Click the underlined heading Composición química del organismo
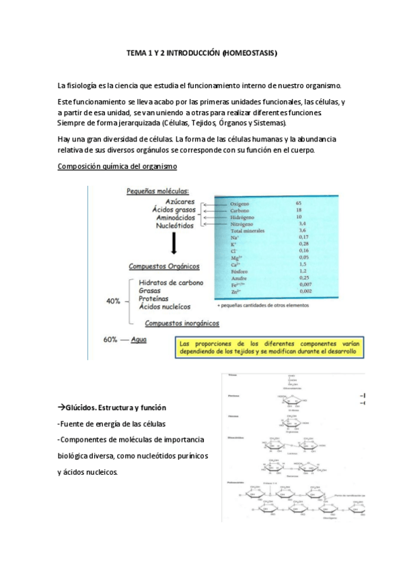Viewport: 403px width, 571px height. tap(118, 166)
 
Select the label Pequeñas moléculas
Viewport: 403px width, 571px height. tap(157, 191)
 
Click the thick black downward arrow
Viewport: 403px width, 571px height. tap(174, 243)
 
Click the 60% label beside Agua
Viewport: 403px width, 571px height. tap(112, 339)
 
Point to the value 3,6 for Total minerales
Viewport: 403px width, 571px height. tap(302, 230)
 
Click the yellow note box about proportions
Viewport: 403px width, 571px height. tap(266, 348)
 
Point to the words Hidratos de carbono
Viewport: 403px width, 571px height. tap(171, 282)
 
